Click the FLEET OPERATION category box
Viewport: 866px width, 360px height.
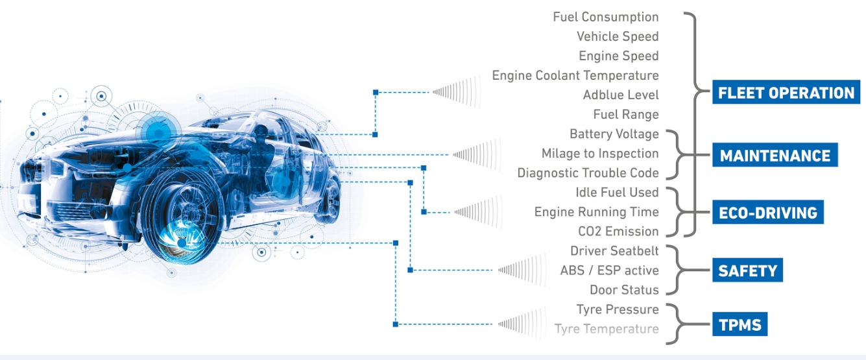(x=786, y=92)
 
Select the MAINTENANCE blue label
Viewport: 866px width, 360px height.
(x=775, y=155)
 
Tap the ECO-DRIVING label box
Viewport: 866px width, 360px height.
(x=768, y=212)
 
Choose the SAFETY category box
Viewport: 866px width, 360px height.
(x=748, y=270)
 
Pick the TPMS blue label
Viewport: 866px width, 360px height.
(x=740, y=324)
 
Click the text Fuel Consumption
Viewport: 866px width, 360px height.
(x=606, y=17)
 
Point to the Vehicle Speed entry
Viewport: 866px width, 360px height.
(x=618, y=36)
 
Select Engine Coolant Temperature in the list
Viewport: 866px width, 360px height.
(x=575, y=75)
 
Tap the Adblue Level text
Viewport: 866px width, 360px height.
(x=621, y=95)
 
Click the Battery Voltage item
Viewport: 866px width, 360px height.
(x=614, y=134)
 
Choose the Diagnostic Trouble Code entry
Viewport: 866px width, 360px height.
(x=588, y=173)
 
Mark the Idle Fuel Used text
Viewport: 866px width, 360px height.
(x=617, y=192)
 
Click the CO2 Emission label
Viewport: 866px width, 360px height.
(x=618, y=231)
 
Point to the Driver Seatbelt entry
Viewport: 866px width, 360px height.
(x=614, y=250)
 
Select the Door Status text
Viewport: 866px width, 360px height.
(x=625, y=290)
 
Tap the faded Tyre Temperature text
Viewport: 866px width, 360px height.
(x=607, y=329)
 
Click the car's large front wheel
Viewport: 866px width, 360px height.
(x=181, y=217)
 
